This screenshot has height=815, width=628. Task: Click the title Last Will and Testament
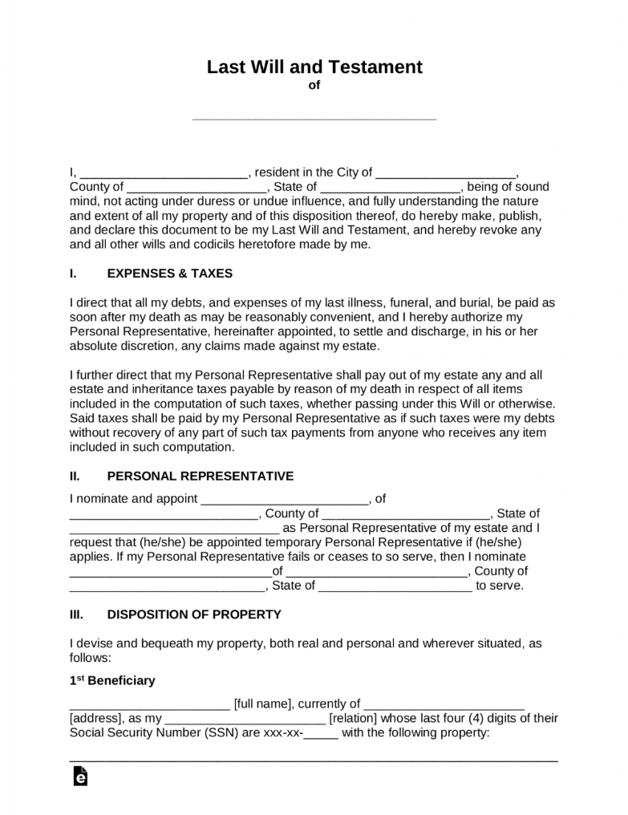pos(314,67)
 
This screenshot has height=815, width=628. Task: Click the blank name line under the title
pos(314,117)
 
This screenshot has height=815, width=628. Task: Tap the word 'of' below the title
pos(314,86)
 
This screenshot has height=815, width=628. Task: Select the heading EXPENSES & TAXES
pos(169,273)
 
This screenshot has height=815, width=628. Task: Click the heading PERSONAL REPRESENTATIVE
pos(200,476)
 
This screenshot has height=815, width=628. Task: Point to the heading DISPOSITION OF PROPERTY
pos(194,614)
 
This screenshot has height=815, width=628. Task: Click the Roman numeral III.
pos(76,614)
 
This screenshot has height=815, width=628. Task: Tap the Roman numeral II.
pos(75,476)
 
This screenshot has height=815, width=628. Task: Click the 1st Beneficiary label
pos(112,680)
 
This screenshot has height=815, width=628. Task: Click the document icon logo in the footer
pos(79,776)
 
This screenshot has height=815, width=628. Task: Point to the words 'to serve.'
pos(500,586)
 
